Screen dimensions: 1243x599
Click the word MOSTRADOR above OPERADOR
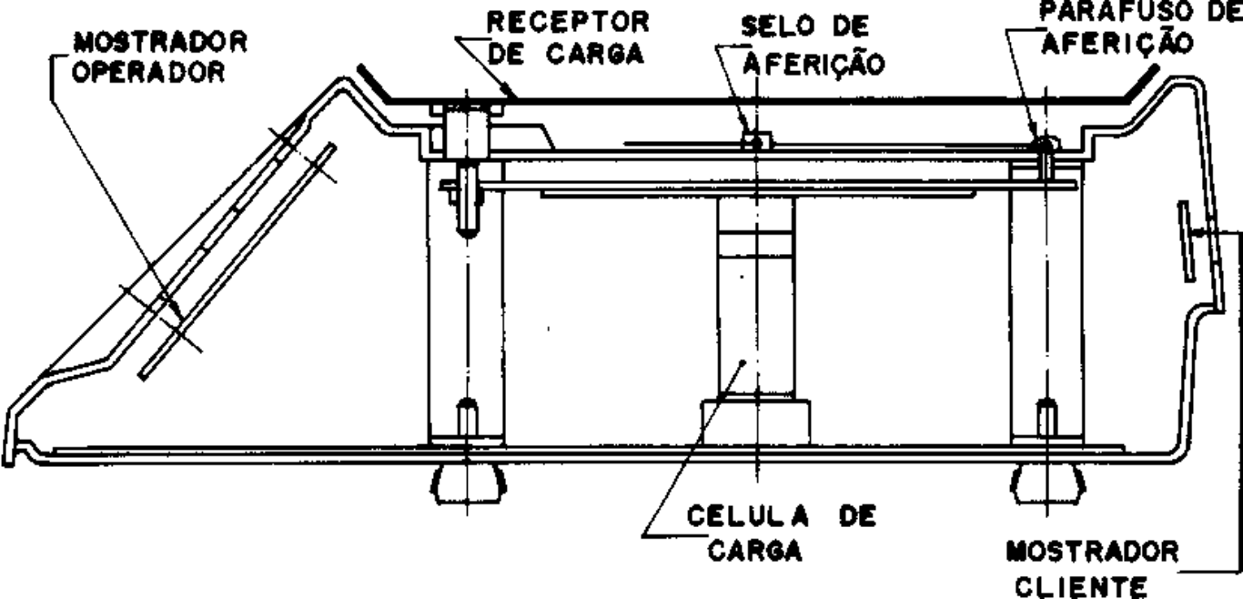pos(161,44)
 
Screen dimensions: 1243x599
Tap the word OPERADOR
pos(148,72)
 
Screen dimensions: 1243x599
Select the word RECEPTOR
pos(568,22)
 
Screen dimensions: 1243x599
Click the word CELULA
pos(747,517)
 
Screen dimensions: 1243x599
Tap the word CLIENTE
pos(1081,587)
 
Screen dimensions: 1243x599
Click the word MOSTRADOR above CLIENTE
pos(1093,553)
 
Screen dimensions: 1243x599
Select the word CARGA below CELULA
pos(755,552)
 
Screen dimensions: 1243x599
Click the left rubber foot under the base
pos(468,484)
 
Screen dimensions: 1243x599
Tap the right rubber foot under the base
pos(1047,484)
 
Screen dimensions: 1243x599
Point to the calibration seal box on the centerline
pos(756,141)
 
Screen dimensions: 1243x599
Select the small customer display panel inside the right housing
pos(1187,241)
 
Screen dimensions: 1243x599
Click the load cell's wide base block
pos(756,421)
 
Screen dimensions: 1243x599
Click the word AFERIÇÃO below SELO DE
pos(814,65)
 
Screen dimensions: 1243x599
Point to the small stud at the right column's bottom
pos(1046,419)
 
